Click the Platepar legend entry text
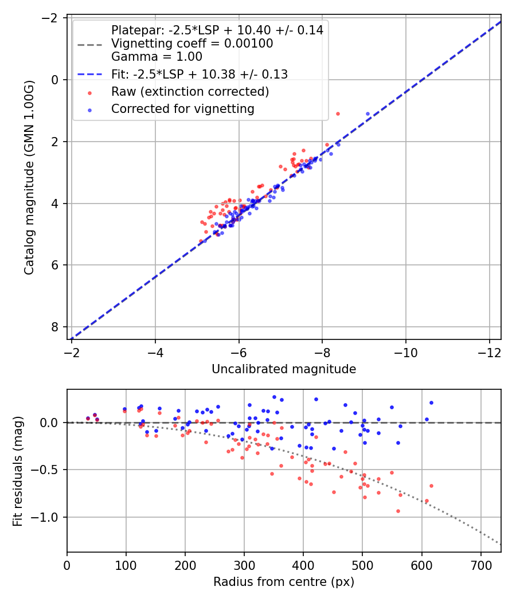click(217, 30)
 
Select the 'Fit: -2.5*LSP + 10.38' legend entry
click(199, 74)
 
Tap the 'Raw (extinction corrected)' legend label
click(190, 92)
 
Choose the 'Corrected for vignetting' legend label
click(183, 108)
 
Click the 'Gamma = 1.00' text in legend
click(157, 57)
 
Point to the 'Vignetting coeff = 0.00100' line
click(192, 44)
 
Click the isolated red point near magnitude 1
click(338, 114)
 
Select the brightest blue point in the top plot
click(368, 114)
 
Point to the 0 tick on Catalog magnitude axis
click(56, 80)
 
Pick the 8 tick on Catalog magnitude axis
click(56, 327)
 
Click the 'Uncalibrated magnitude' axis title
click(284, 369)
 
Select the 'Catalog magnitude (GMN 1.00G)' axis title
click(29, 177)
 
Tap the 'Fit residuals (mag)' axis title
click(18, 471)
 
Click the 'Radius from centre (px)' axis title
click(284, 582)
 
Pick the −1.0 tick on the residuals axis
click(49, 517)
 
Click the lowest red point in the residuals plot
click(398, 511)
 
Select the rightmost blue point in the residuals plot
click(431, 402)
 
